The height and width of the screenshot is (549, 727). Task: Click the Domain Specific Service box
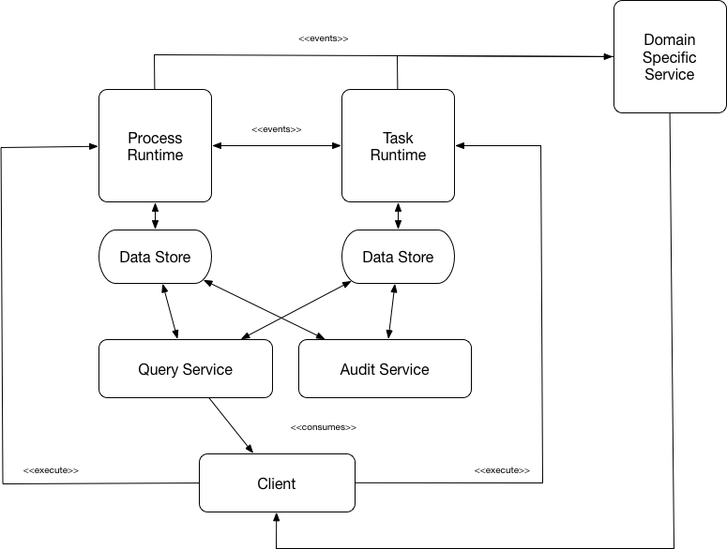(670, 57)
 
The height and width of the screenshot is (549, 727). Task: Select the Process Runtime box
(155, 146)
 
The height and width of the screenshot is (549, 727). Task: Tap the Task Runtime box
(398, 146)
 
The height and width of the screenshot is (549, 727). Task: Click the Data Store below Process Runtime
(155, 257)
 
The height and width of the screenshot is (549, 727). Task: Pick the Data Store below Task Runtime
(398, 257)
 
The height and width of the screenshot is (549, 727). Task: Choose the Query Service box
(185, 369)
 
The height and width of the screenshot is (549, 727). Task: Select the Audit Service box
(385, 369)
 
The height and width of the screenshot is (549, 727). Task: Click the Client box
(277, 483)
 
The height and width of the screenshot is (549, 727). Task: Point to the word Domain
(670, 40)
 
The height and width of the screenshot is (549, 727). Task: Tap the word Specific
(670, 57)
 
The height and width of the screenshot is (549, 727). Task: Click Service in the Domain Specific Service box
(670, 74)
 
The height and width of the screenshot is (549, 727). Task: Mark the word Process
(155, 138)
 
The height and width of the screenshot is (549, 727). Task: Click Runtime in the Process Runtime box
(155, 155)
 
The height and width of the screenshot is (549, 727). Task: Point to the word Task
(398, 138)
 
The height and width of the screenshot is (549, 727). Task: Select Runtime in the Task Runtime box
(398, 155)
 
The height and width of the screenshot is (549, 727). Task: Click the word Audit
(358, 369)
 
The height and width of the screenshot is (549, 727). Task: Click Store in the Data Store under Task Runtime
(416, 257)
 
